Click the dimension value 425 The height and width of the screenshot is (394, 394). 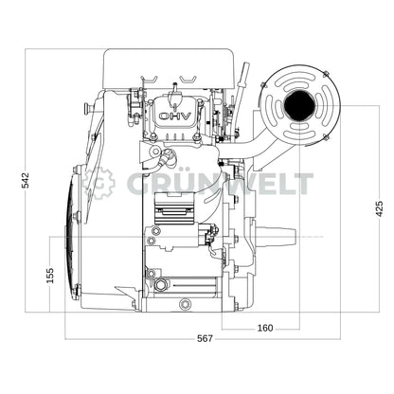pyautogui.click(x=379, y=209)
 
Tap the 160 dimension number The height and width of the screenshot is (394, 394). pyautogui.click(x=264, y=329)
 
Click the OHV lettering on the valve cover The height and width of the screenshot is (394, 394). pyautogui.click(x=174, y=116)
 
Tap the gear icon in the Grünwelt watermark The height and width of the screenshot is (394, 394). pyautogui.click(x=98, y=183)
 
